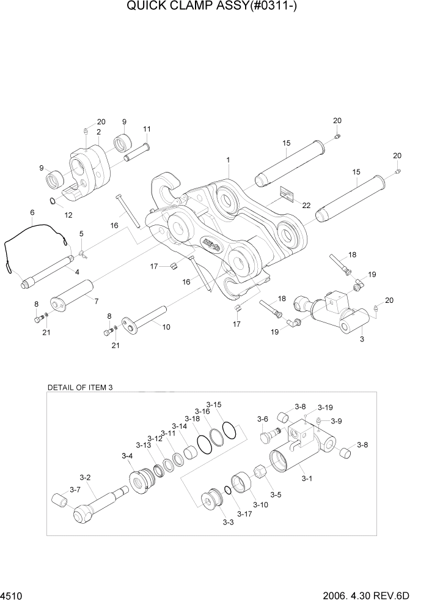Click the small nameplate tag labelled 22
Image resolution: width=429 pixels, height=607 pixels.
287,195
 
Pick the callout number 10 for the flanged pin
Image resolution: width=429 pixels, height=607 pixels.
166,327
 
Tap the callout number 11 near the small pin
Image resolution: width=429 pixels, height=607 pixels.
147,129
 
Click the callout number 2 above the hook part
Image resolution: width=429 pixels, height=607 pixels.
98,132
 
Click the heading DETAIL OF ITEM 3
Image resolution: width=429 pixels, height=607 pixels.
80,387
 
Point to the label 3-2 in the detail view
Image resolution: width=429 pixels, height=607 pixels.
85,477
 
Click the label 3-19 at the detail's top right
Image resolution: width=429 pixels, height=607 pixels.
325,408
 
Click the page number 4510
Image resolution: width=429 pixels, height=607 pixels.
10,595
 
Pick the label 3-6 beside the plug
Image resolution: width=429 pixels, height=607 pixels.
262,419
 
